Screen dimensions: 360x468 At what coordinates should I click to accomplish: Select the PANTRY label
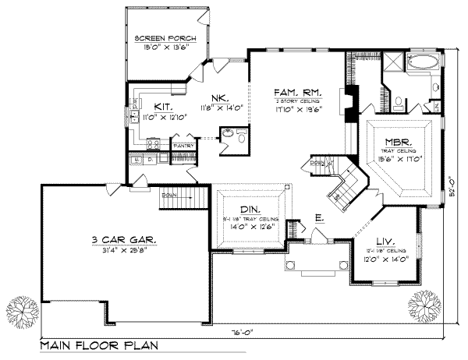[183, 146]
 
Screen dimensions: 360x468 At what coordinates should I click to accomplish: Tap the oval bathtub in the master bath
[424, 63]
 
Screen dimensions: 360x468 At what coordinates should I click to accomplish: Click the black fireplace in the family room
[353, 101]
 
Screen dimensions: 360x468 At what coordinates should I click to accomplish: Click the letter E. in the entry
[319, 218]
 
